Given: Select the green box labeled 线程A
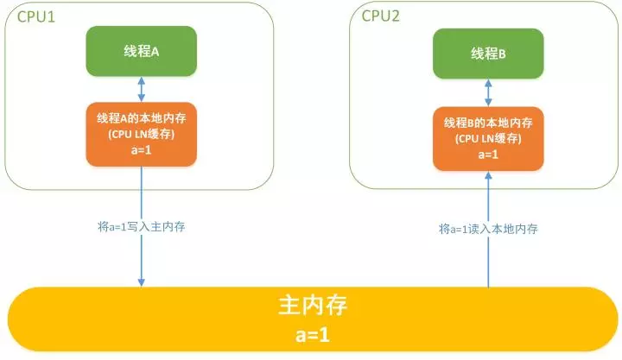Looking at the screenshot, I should click(142, 51).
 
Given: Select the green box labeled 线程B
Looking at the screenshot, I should click(488, 54).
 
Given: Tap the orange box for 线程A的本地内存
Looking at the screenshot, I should click(142, 133).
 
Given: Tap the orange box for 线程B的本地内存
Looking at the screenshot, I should click(488, 136).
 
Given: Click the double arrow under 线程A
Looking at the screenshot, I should click(142, 89).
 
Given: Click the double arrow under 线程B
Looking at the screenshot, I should click(488, 92).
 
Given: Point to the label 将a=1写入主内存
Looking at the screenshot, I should click(142, 227).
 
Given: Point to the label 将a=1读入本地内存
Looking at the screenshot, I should click(488, 229).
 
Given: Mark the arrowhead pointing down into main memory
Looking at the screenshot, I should click(142, 281).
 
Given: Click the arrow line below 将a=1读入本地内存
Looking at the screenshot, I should click(488, 263).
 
